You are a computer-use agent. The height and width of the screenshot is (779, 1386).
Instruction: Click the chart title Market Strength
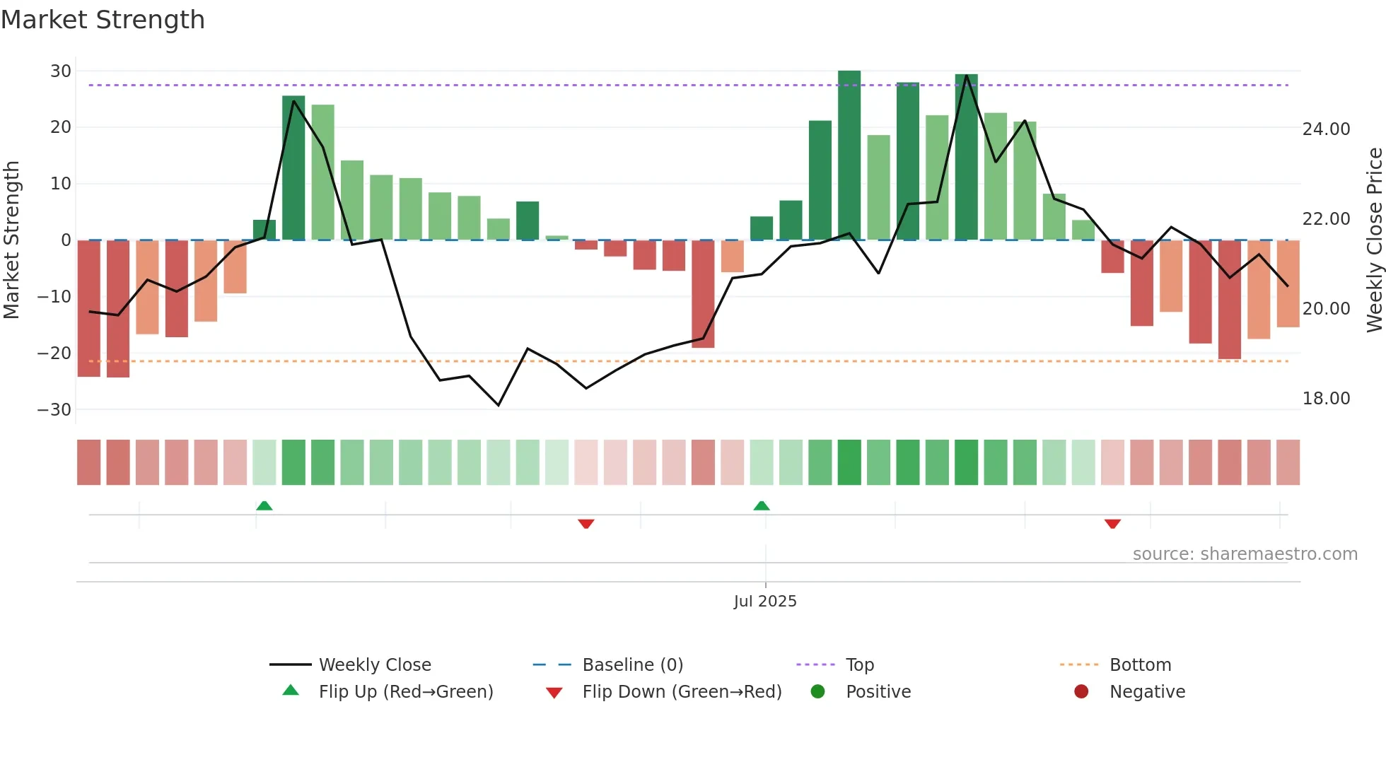click(x=103, y=20)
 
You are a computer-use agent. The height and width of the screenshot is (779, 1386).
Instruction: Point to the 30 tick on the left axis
click(x=61, y=71)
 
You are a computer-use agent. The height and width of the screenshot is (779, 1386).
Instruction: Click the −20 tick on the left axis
click(x=54, y=353)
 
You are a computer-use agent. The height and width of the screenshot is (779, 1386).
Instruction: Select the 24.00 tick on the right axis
click(x=1326, y=129)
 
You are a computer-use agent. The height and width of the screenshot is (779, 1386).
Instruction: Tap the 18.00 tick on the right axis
click(x=1326, y=399)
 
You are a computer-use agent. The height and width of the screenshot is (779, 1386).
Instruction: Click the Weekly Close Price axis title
click(x=1374, y=240)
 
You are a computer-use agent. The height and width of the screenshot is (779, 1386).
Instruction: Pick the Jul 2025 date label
click(x=765, y=602)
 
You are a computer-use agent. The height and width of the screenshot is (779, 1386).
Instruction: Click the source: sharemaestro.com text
click(x=1245, y=554)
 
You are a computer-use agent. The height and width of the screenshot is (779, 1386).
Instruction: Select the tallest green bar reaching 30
click(x=849, y=156)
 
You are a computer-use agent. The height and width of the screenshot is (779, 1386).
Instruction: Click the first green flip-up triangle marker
click(x=264, y=505)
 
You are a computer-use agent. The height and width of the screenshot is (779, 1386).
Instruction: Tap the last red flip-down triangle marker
click(x=1112, y=524)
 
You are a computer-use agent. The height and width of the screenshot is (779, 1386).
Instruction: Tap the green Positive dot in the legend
click(x=818, y=692)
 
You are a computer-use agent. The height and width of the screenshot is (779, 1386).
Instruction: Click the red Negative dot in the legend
click(x=1081, y=692)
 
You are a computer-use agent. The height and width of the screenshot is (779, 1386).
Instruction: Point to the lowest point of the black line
click(x=499, y=405)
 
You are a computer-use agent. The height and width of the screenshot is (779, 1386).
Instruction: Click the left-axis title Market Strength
click(x=12, y=240)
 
